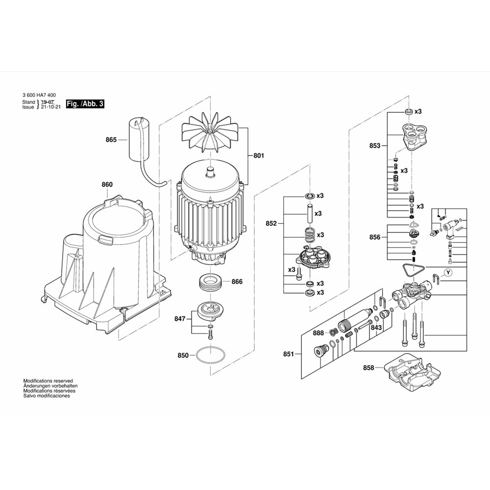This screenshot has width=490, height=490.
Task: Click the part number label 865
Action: point(111,140)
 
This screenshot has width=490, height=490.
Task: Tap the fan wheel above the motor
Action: point(209,135)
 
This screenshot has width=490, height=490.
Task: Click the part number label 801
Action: point(259,156)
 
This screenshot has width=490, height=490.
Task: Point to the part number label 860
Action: point(107,185)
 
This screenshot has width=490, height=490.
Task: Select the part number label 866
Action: point(237,282)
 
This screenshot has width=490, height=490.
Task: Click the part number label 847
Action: point(180,318)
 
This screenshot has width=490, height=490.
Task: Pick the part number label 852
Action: point(271,223)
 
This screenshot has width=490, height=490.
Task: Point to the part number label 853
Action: point(375,146)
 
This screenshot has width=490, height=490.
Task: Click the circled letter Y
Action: point(448,272)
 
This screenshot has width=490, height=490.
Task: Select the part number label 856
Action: point(375,237)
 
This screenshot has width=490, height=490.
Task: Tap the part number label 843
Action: point(376,328)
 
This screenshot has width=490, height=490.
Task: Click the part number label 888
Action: point(318,333)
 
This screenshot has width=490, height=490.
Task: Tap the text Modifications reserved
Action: point(48,381)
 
